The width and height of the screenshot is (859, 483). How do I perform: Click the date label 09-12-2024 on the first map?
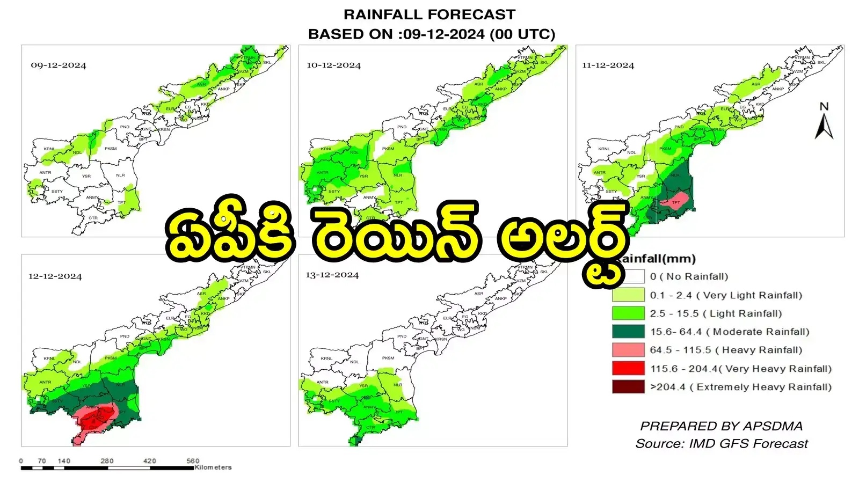click(x=59, y=65)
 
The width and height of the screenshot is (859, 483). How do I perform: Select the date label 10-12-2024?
click(x=333, y=65)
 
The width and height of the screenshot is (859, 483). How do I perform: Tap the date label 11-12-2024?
click(x=608, y=65)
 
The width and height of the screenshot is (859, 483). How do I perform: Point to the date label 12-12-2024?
click(x=55, y=276)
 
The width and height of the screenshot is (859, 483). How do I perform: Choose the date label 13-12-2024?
click(x=332, y=275)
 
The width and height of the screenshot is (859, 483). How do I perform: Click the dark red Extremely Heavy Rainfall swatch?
click(x=628, y=387)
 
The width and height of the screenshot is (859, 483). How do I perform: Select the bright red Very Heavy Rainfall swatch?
click(x=628, y=369)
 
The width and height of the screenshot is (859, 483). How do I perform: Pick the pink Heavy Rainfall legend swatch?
click(x=628, y=350)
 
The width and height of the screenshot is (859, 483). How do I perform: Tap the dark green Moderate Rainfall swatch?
click(x=628, y=332)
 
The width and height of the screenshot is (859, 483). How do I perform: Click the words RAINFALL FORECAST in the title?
click(x=429, y=14)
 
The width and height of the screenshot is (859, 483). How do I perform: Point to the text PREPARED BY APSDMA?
click(x=721, y=426)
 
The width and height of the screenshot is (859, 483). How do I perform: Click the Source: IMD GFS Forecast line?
click(x=721, y=444)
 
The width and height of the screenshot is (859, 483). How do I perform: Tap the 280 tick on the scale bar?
click(x=107, y=461)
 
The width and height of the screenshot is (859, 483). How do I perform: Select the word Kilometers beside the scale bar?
click(x=213, y=467)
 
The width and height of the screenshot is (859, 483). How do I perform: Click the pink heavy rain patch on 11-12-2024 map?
click(x=675, y=201)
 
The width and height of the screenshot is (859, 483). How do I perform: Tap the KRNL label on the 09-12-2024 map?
click(x=49, y=149)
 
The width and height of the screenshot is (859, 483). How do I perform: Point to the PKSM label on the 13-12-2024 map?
click(x=388, y=358)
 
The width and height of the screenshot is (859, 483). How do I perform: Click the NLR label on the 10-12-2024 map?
click(x=398, y=175)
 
